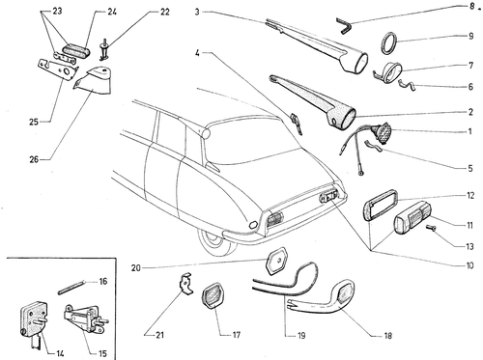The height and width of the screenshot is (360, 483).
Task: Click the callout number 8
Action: [x=471, y=7]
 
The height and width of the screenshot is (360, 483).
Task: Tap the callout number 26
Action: [x=34, y=159]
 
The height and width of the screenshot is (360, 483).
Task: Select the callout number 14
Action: [x=60, y=353]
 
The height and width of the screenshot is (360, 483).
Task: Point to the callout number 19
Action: [x=301, y=336]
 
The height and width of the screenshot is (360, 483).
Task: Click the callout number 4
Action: [x=197, y=52]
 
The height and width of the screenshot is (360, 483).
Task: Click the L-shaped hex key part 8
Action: [x=345, y=26]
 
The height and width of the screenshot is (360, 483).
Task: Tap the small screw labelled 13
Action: [x=431, y=228]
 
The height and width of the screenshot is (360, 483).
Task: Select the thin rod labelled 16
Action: [x=71, y=287]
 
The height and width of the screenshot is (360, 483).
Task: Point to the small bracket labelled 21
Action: [x=185, y=284]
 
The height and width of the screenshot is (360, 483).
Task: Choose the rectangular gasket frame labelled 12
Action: [x=381, y=205]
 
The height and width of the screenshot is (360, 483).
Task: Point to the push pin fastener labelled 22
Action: [x=105, y=49]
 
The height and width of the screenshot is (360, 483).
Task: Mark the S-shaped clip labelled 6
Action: [x=407, y=84]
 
